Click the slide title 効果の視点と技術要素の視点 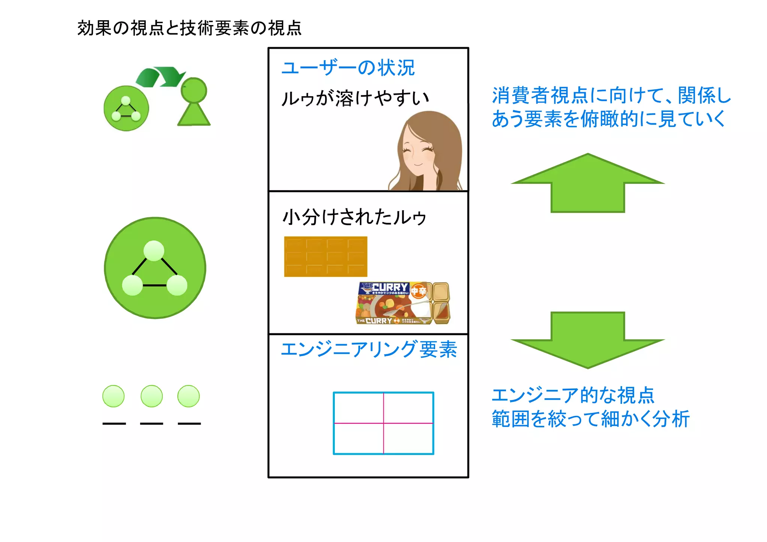click(189, 28)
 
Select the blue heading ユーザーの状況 click(348, 68)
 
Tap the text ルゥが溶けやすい click(354, 99)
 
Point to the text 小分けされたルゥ click(354, 217)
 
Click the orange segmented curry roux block click(325, 257)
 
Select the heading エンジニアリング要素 click(369, 349)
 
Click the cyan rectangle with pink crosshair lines click(383, 423)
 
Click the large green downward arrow click(587, 339)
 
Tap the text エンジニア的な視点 click(573, 396)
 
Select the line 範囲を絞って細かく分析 click(590, 419)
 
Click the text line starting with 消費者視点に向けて click(611, 95)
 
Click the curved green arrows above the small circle click(160, 76)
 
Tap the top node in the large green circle click(154, 251)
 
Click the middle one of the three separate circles click(152, 396)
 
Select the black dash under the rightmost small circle click(189, 424)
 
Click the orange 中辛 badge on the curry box click(418, 291)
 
